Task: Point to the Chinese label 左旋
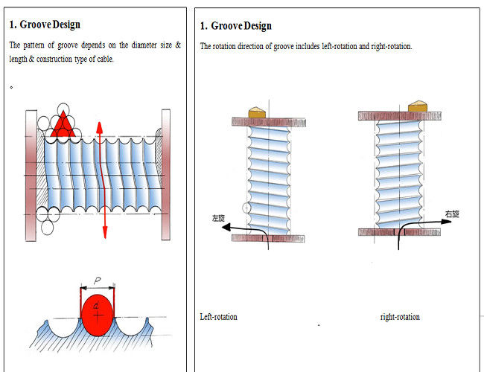point(218,219)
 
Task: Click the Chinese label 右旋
point(452,214)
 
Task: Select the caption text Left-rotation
point(219,317)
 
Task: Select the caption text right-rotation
point(400,317)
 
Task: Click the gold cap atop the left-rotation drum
point(258,111)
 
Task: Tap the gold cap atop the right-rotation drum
point(417,106)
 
